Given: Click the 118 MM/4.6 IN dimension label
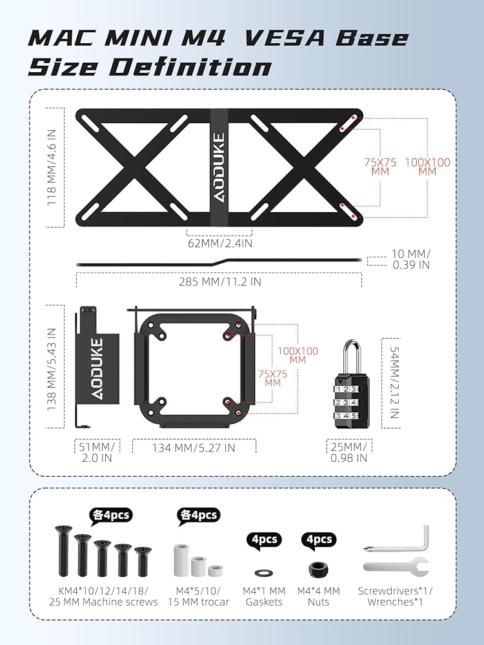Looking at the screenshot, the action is click(52, 168).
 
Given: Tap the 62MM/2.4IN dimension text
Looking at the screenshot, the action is click(220, 243).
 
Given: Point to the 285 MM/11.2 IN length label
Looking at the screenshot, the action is click(220, 282).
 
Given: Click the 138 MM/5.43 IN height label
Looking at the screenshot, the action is click(52, 369).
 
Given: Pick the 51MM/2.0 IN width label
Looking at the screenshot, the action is click(97, 453).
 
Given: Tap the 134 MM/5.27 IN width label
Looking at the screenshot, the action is click(194, 448).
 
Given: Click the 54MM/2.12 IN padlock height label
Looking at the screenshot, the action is click(394, 382).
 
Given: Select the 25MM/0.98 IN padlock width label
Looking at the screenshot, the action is click(349, 453).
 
